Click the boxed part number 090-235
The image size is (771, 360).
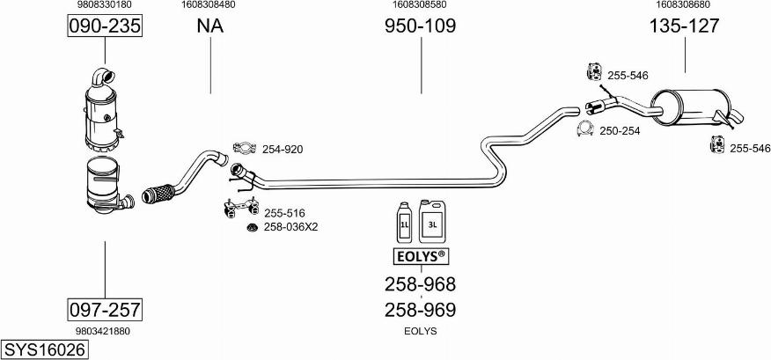[105, 27]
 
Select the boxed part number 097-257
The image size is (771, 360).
[105, 309]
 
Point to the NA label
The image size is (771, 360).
[209, 26]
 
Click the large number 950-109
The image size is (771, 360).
[420, 26]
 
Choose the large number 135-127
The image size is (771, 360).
[684, 26]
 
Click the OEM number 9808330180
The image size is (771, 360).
[105, 5]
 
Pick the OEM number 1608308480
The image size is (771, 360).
[209, 5]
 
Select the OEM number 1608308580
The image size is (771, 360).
[420, 5]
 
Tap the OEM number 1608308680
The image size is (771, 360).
[684, 5]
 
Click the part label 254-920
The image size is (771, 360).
[282, 150]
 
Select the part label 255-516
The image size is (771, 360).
[283, 212]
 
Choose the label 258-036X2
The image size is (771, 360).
[290, 227]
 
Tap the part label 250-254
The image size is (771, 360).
[620, 131]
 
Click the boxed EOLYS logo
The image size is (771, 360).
[419, 257]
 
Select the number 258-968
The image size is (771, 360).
[420, 283]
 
